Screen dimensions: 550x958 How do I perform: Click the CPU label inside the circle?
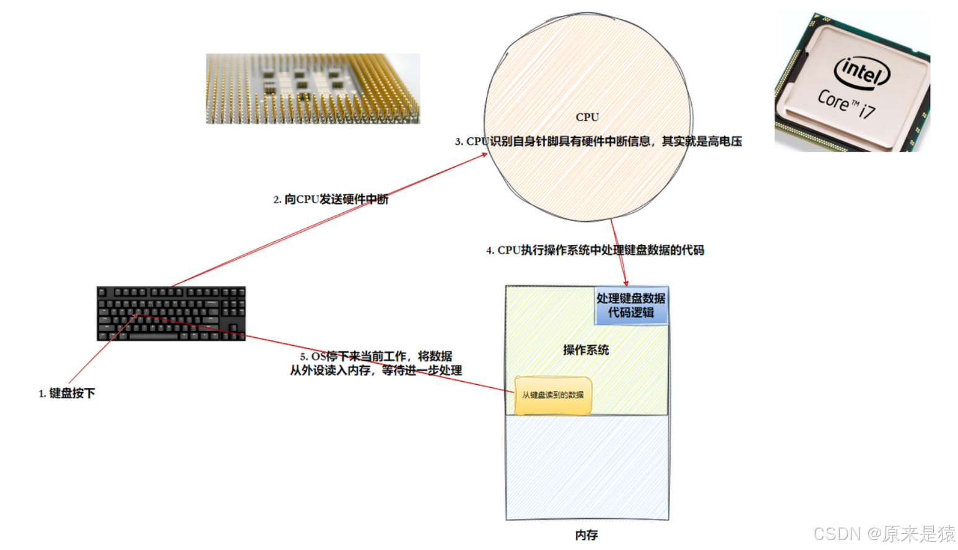[587, 117]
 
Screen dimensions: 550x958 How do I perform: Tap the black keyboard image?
[171, 313]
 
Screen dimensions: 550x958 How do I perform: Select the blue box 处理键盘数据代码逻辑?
[631, 306]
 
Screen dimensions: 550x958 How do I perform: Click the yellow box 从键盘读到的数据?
[552, 395]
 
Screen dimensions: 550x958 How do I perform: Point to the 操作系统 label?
[586, 350]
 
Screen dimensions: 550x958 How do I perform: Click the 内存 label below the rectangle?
[586, 535]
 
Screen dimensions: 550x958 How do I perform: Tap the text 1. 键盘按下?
[67, 393]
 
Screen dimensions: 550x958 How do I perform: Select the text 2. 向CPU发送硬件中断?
[331, 199]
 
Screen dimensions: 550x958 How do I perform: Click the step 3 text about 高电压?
[598, 142]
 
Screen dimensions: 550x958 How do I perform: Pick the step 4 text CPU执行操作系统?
[595, 250]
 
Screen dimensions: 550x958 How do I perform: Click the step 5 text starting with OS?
[376, 363]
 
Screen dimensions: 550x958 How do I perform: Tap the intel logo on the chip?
[862, 72]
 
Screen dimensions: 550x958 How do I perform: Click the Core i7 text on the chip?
[846, 104]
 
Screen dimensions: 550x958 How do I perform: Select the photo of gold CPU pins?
[313, 88]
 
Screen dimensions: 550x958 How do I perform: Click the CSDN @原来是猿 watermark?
[884, 533]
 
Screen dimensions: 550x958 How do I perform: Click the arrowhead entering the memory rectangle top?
[625, 283]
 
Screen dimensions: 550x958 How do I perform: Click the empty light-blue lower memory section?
[587, 467]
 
